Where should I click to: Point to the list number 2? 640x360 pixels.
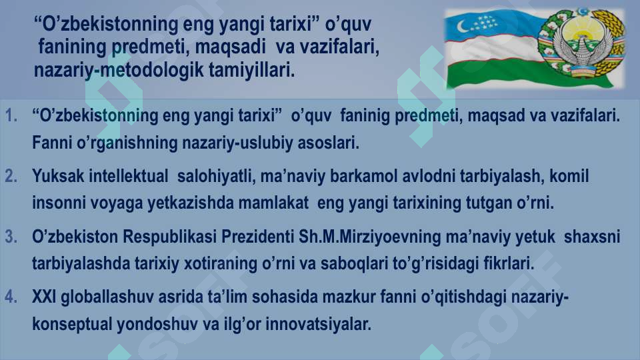click(11, 177)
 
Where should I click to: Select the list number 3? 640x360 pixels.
click(11, 237)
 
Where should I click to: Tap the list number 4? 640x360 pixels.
click(11, 297)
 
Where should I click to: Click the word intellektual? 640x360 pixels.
click(127, 177)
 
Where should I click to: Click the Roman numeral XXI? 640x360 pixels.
click(44, 297)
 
